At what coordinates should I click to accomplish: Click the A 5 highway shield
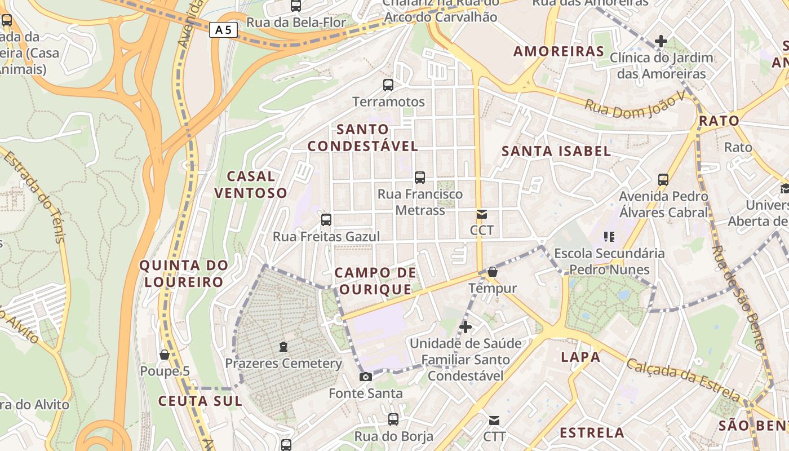point(223,30)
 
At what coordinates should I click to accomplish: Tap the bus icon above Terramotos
point(388,85)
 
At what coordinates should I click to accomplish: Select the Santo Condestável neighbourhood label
point(363,138)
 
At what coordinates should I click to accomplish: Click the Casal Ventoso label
point(251,185)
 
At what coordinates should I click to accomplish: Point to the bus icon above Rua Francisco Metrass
point(420,178)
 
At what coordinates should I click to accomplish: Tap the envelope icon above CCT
point(482,214)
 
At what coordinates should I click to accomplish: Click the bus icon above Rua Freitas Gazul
point(326,220)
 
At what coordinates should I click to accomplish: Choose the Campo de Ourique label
point(375,281)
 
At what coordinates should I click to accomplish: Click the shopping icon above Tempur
point(493,272)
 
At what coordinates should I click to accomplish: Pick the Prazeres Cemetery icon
point(283,347)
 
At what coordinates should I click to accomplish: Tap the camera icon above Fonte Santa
point(366,377)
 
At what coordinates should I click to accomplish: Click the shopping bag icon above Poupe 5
point(165,355)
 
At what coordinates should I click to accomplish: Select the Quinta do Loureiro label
point(184,273)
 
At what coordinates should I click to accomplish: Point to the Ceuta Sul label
point(200,401)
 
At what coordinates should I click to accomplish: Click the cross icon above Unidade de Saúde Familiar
point(466,327)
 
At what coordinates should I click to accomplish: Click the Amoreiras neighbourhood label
point(558,51)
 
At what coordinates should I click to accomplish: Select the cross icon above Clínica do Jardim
point(661,41)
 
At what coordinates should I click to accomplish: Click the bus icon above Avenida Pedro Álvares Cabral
point(663,180)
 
